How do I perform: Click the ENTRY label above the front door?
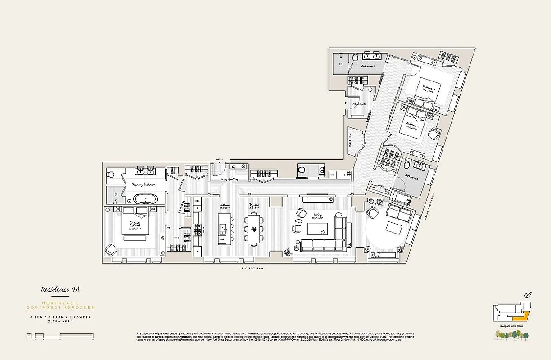click(219, 159)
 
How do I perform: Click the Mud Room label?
click(359, 104)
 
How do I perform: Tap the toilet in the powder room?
click(300, 170)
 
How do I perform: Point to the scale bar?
click(60, 336)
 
